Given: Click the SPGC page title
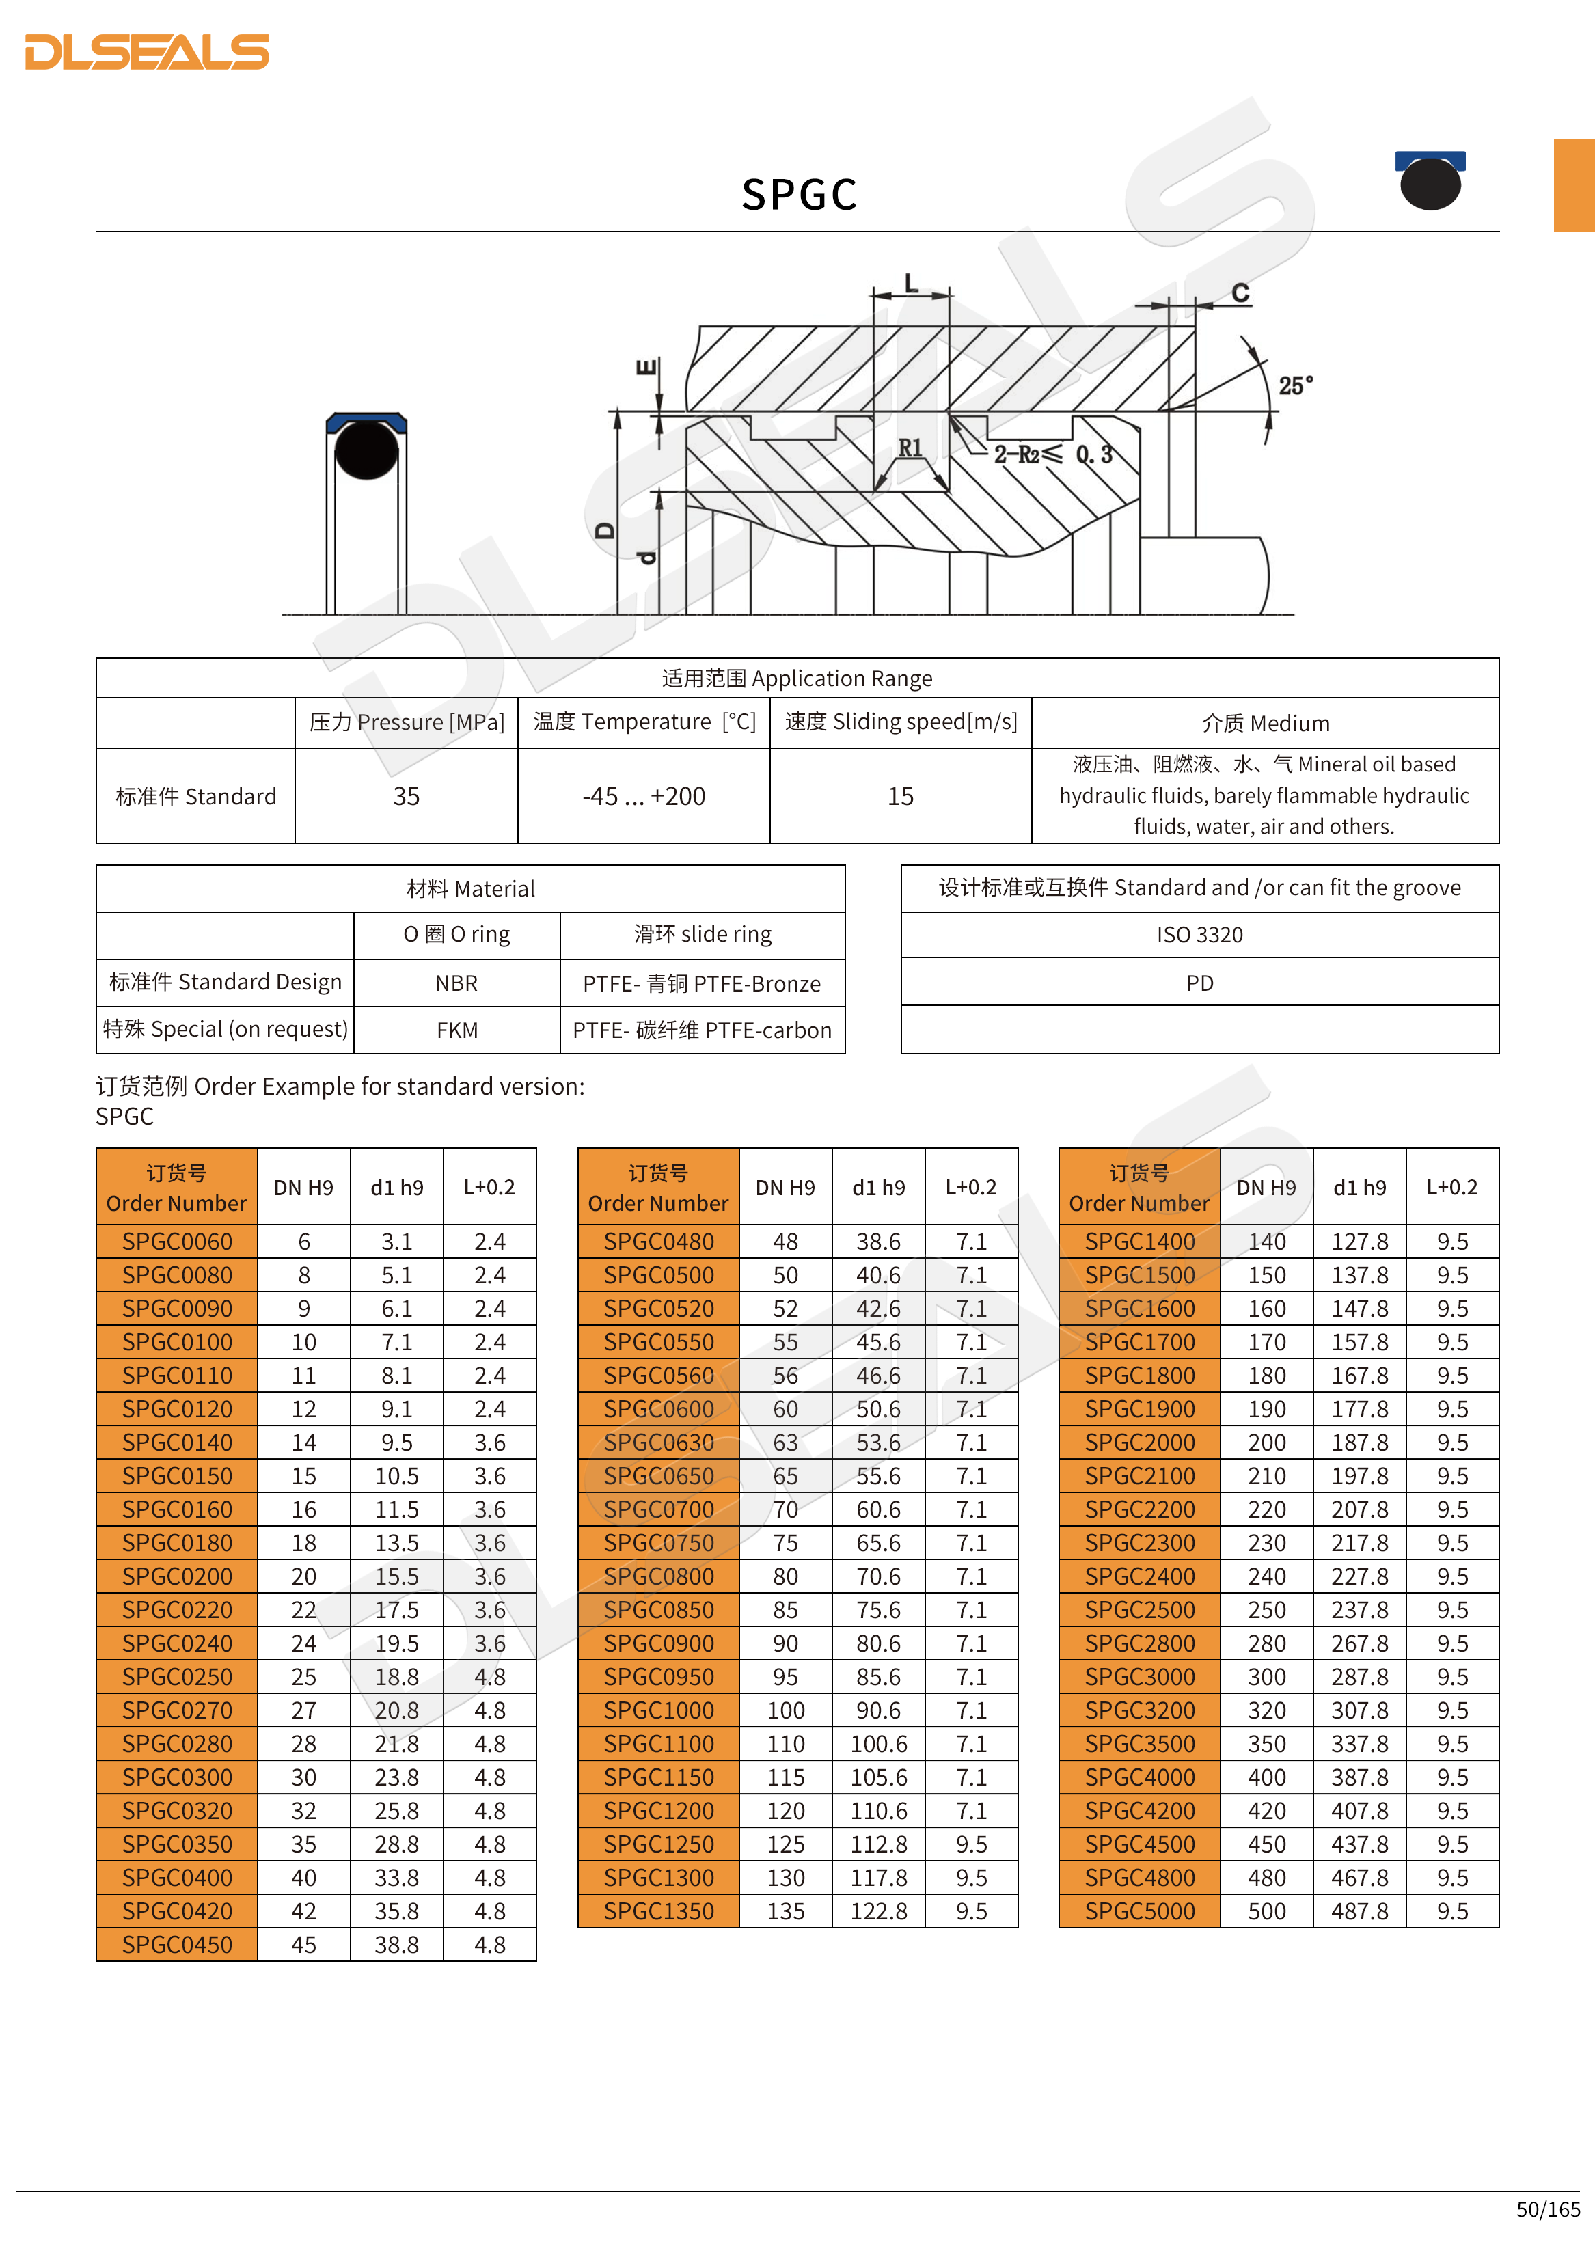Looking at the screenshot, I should (x=798, y=195).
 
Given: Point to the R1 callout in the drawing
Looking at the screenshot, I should (x=910, y=448).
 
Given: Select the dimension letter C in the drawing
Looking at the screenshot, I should (x=1240, y=292).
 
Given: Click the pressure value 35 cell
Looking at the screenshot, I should (x=406, y=797).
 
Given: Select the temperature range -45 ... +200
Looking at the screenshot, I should (x=643, y=797).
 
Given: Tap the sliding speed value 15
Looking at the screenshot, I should (x=899, y=797).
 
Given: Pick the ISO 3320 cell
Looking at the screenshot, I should (x=1199, y=935).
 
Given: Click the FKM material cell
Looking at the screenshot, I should (x=456, y=1030).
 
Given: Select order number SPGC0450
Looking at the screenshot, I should (x=177, y=1945).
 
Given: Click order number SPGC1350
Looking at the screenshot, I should (x=658, y=1911).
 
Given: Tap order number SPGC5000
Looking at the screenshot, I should (x=1139, y=1911).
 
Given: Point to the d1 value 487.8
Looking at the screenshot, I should (x=1359, y=1911).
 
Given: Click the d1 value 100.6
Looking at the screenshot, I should (x=878, y=1745).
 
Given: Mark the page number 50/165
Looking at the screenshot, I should (x=1548, y=2210).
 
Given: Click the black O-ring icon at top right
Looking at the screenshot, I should (x=1430, y=182).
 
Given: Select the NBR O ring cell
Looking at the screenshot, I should (x=456, y=983).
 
